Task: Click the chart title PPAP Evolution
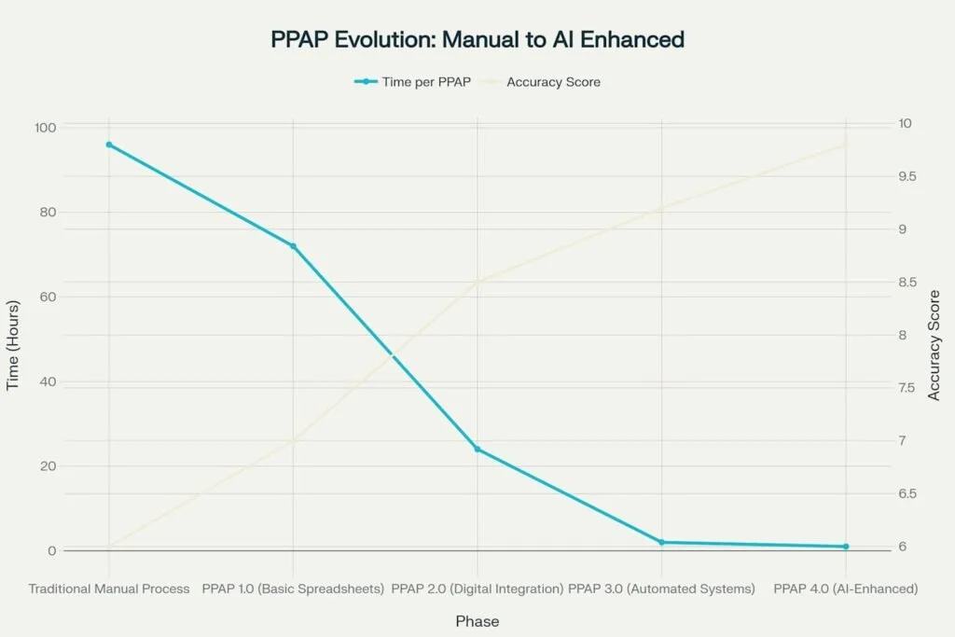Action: (x=477, y=39)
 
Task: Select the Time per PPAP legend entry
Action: (x=411, y=82)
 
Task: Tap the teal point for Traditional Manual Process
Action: (x=109, y=145)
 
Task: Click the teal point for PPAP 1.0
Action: (x=293, y=246)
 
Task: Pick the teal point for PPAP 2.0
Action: (x=477, y=450)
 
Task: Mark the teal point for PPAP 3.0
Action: (x=661, y=542)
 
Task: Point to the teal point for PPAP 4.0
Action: (x=846, y=547)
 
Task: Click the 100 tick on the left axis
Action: (x=46, y=128)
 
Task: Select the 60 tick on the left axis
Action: (x=48, y=297)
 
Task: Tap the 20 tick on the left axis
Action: (x=48, y=466)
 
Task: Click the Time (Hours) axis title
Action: (x=13, y=345)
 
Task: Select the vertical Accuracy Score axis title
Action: (x=934, y=345)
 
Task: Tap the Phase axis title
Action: (x=477, y=621)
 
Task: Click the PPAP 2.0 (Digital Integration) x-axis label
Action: (x=477, y=589)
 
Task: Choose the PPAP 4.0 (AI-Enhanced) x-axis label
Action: (x=846, y=589)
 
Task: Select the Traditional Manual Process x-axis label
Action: (x=109, y=589)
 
